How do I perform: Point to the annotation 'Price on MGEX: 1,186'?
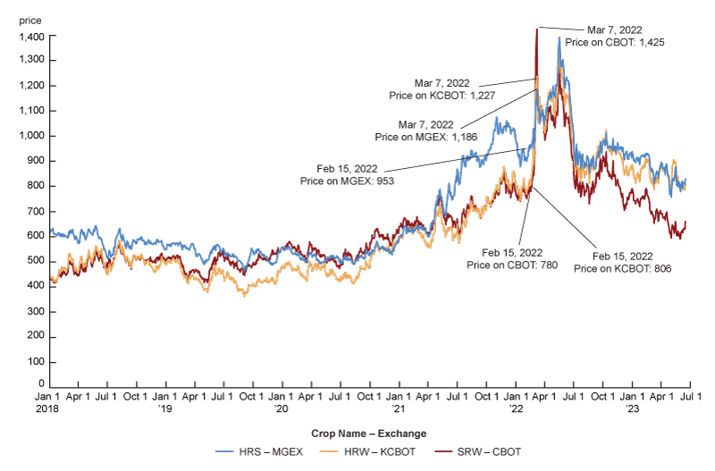(414, 138)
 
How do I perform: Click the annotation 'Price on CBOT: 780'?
(508, 266)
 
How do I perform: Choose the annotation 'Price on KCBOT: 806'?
(622, 267)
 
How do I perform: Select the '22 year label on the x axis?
(516, 408)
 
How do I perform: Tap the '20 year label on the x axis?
(281, 408)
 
